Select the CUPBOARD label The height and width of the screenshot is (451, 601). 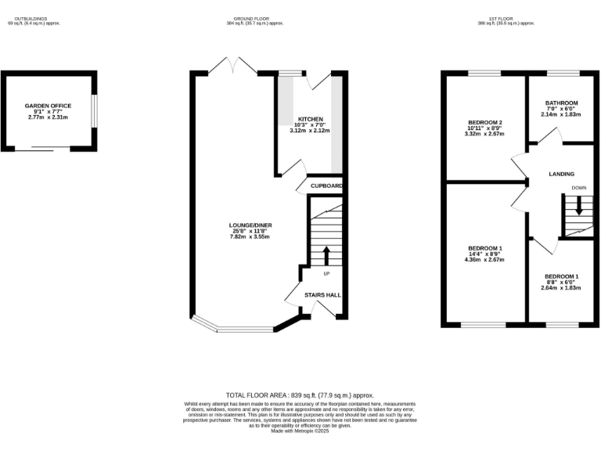(x=326, y=186)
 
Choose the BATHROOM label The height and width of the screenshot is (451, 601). (x=562, y=103)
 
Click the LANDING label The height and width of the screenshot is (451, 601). (x=561, y=174)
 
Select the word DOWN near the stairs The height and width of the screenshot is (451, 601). (x=578, y=189)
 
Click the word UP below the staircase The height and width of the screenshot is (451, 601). (x=327, y=272)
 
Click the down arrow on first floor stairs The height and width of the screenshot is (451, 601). (x=578, y=206)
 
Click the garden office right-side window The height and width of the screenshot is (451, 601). (x=95, y=110)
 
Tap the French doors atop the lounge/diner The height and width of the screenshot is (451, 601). (x=232, y=67)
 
